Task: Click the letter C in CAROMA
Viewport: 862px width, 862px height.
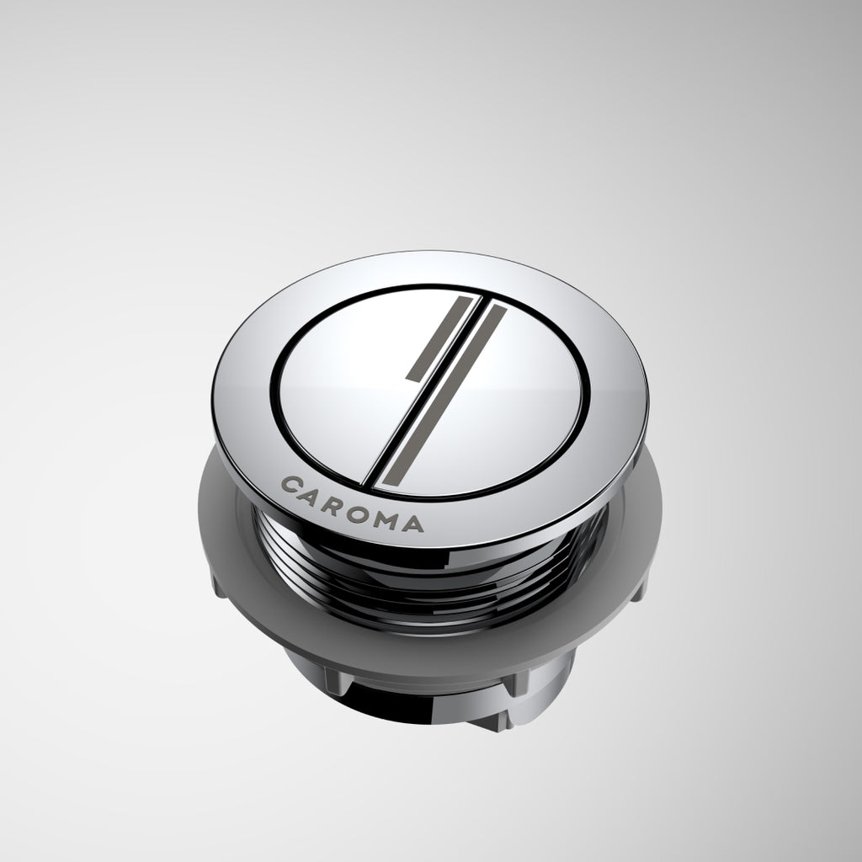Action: click(x=290, y=486)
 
